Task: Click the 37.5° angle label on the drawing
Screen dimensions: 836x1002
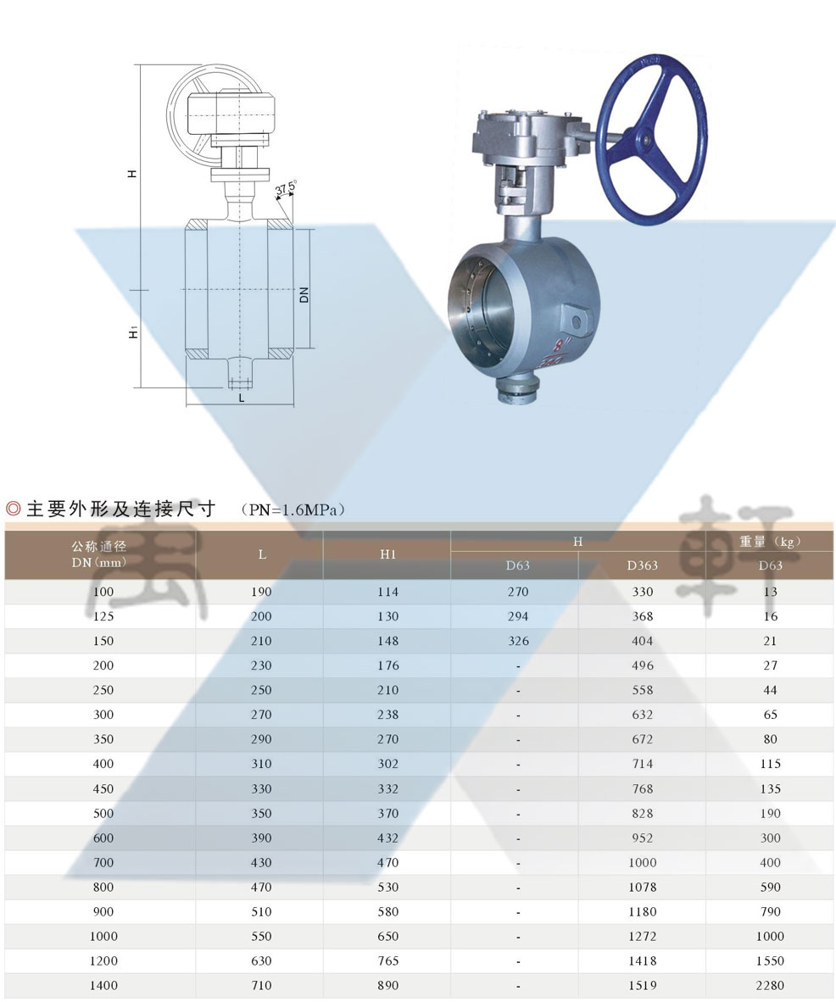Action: tap(286, 188)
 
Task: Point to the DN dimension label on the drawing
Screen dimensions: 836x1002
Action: tap(304, 295)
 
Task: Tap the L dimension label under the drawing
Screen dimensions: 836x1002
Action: tap(242, 398)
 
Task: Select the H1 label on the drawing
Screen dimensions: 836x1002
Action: tap(133, 332)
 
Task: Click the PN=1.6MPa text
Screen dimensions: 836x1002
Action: tap(293, 510)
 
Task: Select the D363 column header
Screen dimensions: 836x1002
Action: tap(643, 565)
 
